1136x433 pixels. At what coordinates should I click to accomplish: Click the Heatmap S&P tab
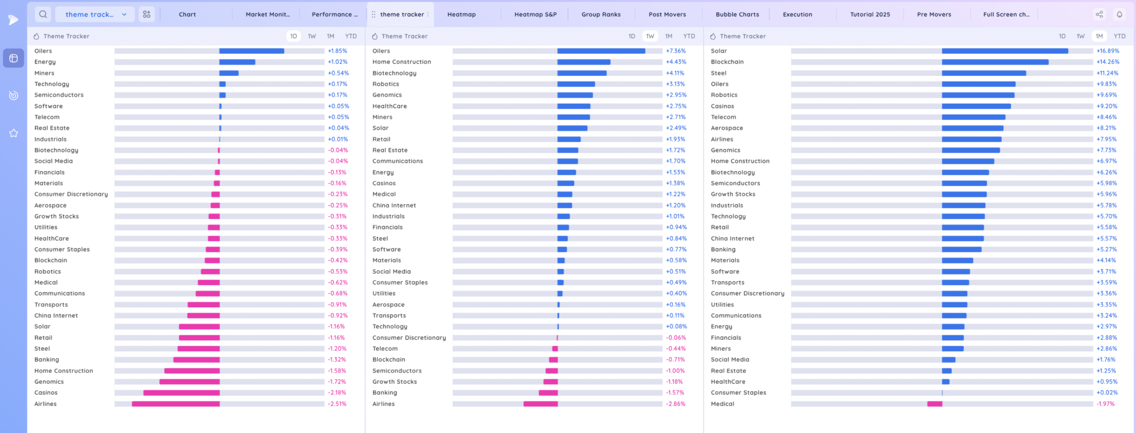[x=535, y=14]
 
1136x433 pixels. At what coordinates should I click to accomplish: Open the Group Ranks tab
[x=601, y=14]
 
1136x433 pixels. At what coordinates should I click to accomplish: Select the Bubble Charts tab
[x=737, y=14]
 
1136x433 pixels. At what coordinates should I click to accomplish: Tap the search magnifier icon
[x=43, y=14]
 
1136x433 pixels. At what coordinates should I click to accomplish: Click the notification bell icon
[x=1120, y=14]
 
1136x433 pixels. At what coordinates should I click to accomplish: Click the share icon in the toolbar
[x=1099, y=14]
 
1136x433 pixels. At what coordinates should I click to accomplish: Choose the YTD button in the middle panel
[x=689, y=36]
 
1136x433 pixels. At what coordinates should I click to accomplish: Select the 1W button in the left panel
[x=312, y=36]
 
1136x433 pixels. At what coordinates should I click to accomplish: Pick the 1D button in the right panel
[x=1062, y=36]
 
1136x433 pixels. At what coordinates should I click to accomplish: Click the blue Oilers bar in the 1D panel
[x=252, y=51]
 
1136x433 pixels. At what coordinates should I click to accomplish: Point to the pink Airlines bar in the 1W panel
[x=540, y=404]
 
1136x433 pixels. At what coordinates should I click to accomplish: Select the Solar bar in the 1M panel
[x=1005, y=51]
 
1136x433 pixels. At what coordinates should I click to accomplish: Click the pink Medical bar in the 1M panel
[x=935, y=404]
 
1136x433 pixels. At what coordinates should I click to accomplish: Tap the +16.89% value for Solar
[x=1108, y=51]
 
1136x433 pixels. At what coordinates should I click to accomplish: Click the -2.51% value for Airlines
[x=337, y=404]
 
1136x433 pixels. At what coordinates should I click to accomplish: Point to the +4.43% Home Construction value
[x=676, y=62]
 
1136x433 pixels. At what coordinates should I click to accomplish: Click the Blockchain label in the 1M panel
[x=727, y=62]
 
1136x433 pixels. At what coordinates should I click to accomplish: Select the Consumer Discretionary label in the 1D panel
[x=71, y=194]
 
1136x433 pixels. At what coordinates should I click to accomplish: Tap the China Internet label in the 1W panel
[x=394, y=205]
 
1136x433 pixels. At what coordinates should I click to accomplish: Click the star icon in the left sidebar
[x=14, y=133]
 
